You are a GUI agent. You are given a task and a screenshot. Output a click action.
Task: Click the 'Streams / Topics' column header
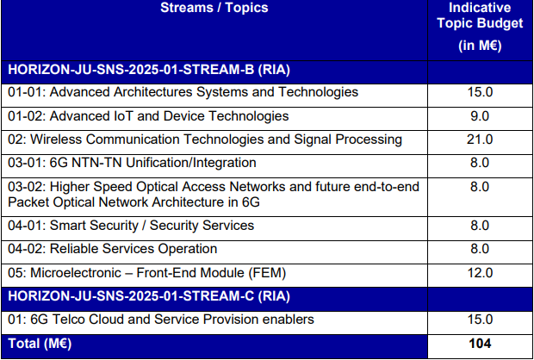pos(214,8)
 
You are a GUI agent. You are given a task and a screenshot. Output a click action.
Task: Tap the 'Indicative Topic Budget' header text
pos(480,16)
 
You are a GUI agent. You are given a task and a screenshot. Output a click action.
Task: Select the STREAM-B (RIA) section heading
pos(149,70)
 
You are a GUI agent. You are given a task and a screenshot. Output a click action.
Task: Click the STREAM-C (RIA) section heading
pos(149,296)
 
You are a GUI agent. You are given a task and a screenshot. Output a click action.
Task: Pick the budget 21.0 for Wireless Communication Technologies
pos(480,140)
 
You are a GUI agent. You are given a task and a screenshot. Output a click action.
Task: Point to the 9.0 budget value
pos(480,116)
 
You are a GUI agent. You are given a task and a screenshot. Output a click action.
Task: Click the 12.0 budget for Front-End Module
pos(480,273)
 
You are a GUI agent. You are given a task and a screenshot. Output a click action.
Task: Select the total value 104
pos(480,344)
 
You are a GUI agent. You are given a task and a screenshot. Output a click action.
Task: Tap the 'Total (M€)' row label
pos(40,344)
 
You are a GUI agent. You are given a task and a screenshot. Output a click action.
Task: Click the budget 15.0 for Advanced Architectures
pos(480,93)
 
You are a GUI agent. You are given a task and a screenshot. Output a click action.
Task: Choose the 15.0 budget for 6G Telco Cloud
pos(480,320)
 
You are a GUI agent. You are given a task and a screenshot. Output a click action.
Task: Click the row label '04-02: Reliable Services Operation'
pos(112,249)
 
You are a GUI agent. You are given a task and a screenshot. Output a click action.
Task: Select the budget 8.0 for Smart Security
pos(480,226)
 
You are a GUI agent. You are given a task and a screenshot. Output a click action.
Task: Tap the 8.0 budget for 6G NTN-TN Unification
pos(480,163)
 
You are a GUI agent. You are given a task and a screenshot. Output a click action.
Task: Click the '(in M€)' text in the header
pos(480,46)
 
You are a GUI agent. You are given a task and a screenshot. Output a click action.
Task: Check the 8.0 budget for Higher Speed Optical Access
pos(480,187)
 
